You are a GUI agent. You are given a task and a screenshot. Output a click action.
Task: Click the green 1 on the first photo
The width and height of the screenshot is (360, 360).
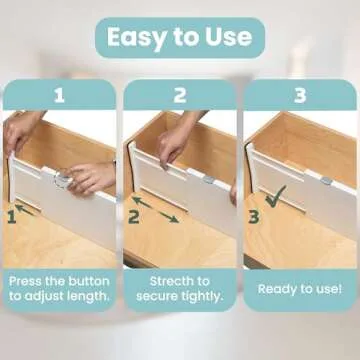pos(12,214)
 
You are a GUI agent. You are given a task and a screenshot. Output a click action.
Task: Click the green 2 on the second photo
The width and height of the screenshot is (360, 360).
pos(133,214)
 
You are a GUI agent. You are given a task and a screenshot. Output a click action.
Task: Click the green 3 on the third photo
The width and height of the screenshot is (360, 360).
pos(253,214)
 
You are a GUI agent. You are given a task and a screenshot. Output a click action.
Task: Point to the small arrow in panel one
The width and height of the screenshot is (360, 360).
pos(31,210)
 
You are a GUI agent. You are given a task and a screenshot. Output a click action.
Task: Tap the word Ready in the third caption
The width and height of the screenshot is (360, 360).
pos(275,288)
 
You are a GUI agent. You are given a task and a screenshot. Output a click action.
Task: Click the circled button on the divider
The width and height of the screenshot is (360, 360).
pos(63,179)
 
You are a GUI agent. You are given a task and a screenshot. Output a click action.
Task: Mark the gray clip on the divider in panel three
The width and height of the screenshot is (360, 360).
pos(327,181)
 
